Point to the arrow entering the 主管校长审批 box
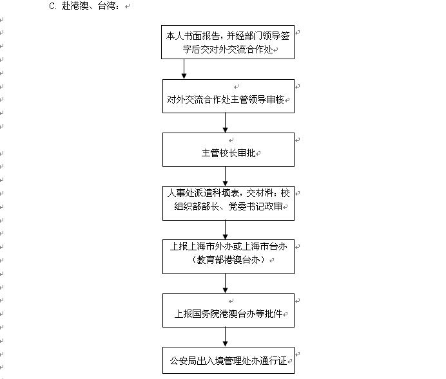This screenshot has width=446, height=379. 226,123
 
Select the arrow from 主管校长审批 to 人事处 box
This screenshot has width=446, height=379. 226,176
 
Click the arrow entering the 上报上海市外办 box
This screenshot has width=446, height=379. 226,228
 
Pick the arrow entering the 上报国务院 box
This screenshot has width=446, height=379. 226,283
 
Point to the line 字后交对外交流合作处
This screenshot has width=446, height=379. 229,47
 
